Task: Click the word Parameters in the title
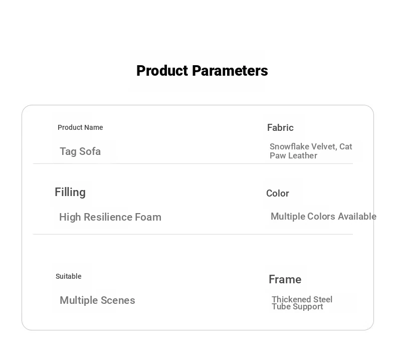[x=230, y=71]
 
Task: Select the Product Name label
[x=80, y=127]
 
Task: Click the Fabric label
[x=280, y=127]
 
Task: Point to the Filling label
[x=70, y=193]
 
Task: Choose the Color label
[x=278, y=193]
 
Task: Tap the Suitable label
[x=69, y=276]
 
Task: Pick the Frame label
[x=285, y=279]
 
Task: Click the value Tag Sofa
[x=80, y=151]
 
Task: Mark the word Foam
[x=148, y=217]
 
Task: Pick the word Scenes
[x=118, y=300]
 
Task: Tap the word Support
[x=308, y=307]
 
